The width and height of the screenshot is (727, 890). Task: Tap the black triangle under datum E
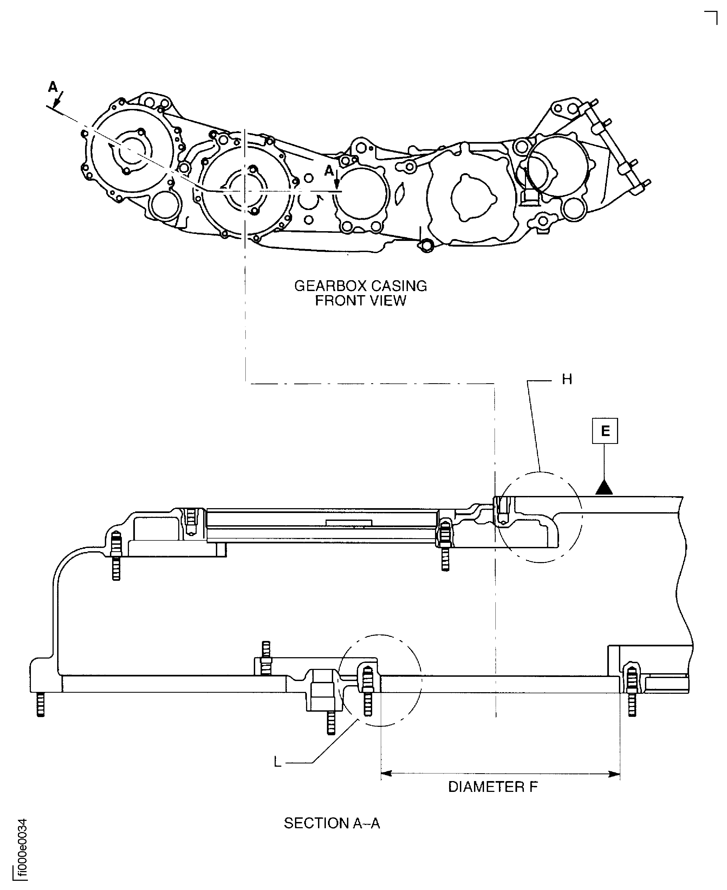(604, 487)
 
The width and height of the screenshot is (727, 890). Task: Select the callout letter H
(567, 380)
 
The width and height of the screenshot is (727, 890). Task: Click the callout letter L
(277, 762)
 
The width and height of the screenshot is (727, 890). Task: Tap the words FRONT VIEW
(360, 301)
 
